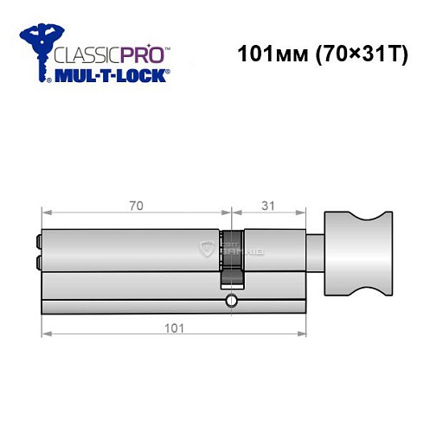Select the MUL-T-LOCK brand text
(x=113, y=77)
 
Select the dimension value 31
(x=268, y=206)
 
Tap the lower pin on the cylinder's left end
(x=38, y=261)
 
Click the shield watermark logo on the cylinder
(x=207, y=250)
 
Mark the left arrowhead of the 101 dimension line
(x=45, y=333)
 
